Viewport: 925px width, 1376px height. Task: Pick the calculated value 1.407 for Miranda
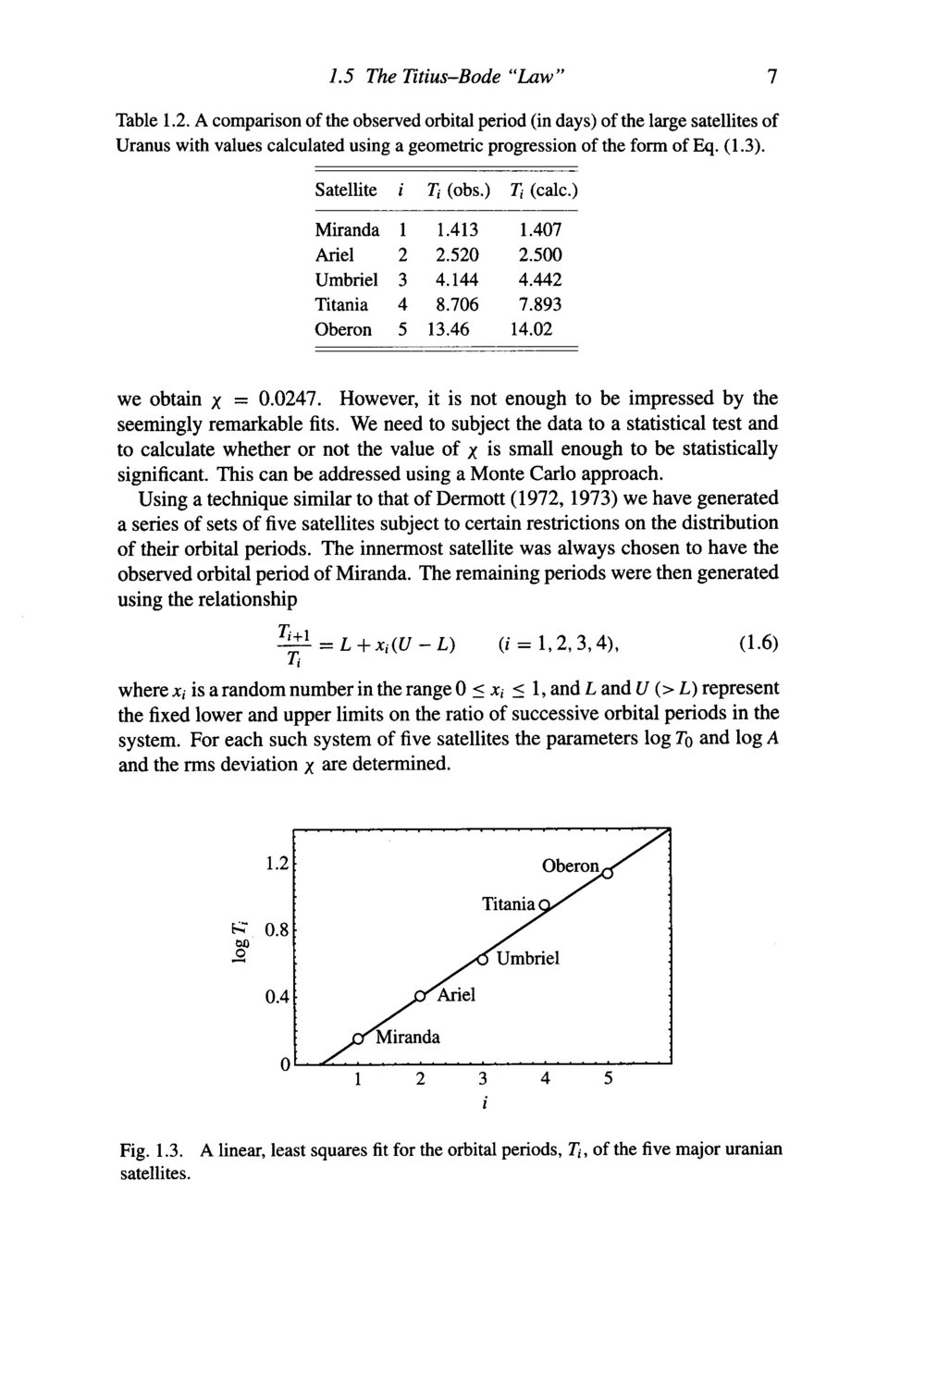(x=540, y=228)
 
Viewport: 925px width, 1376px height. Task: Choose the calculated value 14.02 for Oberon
(x=536, y=329)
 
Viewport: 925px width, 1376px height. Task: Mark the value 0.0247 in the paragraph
(x=290, y=399)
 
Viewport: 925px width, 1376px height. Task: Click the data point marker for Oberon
(x=608, y=876)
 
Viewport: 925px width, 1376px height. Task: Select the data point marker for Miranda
(x=358, y=1038)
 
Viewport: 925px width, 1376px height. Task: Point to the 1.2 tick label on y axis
(x=275, y=865)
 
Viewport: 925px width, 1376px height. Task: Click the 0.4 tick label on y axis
(x=275, y=997)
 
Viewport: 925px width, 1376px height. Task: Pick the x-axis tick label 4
(x=546, y=1079)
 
